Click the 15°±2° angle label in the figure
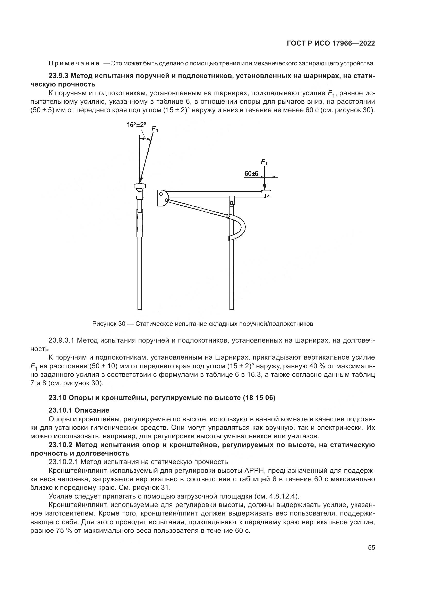click(136, 125)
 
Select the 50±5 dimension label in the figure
click(251, 173)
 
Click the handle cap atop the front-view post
click(140, 186)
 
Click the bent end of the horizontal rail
click(267, 194)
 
